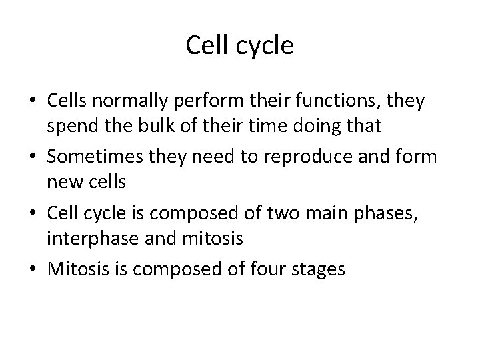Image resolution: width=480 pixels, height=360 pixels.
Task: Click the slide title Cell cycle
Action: [240, 46]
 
